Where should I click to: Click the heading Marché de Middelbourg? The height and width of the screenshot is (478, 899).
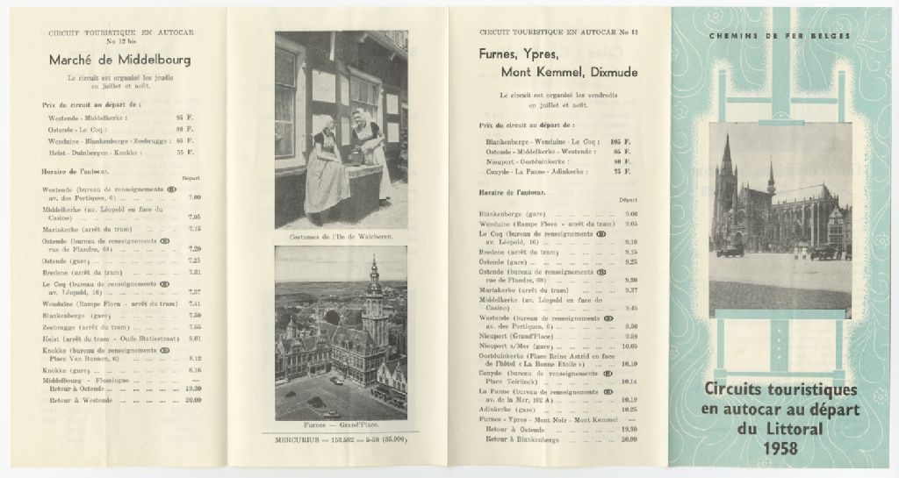[x=120, y=61]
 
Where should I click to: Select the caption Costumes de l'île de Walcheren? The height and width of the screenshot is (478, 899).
[x=341, y=237]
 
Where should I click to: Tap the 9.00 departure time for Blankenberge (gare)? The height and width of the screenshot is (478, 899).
[x=630, y=214]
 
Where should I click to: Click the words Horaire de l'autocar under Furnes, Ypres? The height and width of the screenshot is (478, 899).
[x=514, y=191]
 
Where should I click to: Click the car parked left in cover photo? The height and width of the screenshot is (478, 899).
[x=729, y=251]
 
